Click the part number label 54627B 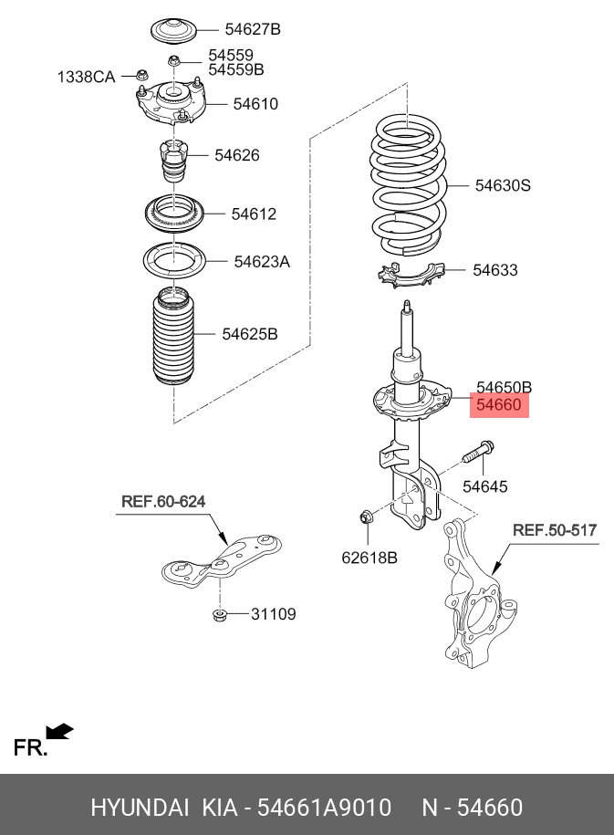click(253, 29)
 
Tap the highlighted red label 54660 click(499, 405)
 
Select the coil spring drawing click(409, 185)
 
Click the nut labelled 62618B click(367, 517)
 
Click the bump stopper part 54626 click(173, 160)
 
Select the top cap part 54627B click(173, 31)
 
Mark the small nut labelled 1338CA click(141, 75)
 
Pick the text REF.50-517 click(555, 530)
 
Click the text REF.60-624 click(163, 502)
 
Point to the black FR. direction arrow click(59, 731)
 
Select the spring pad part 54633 click(412, 275)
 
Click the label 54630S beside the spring click(503, 185)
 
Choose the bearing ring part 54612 click(174, 214)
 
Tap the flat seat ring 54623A click(174, 260)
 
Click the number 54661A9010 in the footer click(324, 808)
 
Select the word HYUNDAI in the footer click(140, 808)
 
